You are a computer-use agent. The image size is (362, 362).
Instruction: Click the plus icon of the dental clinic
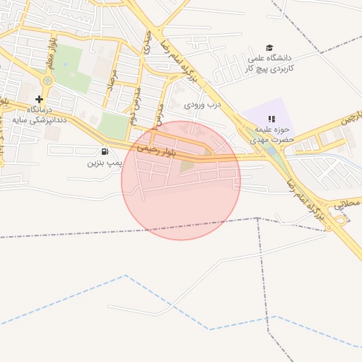[39, 99]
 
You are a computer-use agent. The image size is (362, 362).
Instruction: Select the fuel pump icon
[105, 151]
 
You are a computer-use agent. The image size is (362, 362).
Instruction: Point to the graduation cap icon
[269, 47]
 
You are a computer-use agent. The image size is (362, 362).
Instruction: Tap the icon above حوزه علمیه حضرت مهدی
[270, 119]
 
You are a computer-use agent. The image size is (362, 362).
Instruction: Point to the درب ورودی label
[203, 105]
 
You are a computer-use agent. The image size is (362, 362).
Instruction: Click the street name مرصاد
[110, 84]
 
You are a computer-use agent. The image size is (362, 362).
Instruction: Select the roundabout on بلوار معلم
[47, 81]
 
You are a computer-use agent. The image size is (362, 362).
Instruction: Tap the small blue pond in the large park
[66, 64]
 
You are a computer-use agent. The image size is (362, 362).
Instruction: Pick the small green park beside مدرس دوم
[113, 126]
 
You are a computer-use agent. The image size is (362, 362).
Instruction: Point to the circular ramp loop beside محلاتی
[343, 218]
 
